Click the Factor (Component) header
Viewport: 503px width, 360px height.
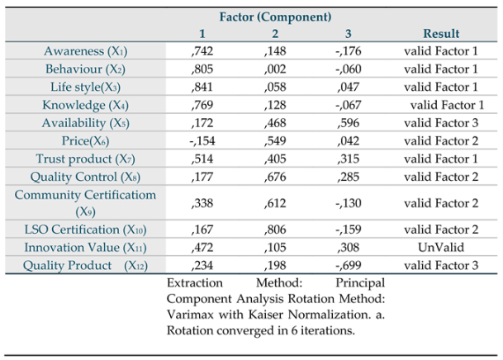point(275,17)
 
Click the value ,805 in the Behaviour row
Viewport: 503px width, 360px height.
point(202,69)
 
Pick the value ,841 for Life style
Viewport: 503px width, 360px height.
point(202,87)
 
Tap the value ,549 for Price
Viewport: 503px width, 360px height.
point(276,140)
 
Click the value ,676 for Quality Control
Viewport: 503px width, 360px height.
point(276,176)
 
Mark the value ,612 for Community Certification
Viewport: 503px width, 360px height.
point(276,202)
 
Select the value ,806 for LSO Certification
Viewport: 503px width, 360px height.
point(276,230)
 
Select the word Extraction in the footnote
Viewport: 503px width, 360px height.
point(195,282)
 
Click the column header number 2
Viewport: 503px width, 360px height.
point(275,34)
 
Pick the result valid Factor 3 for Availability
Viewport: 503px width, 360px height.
point(440,123)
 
